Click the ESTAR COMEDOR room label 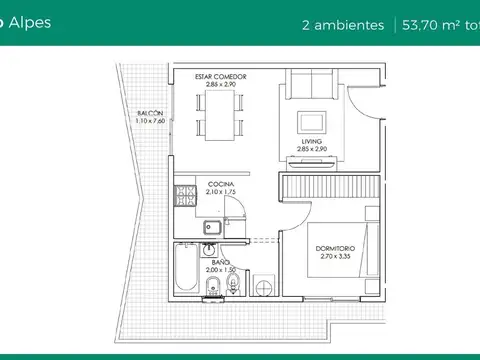point(220,77)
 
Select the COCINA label point(221,185)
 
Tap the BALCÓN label point(151,114)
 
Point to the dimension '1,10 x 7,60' point(151,121)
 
